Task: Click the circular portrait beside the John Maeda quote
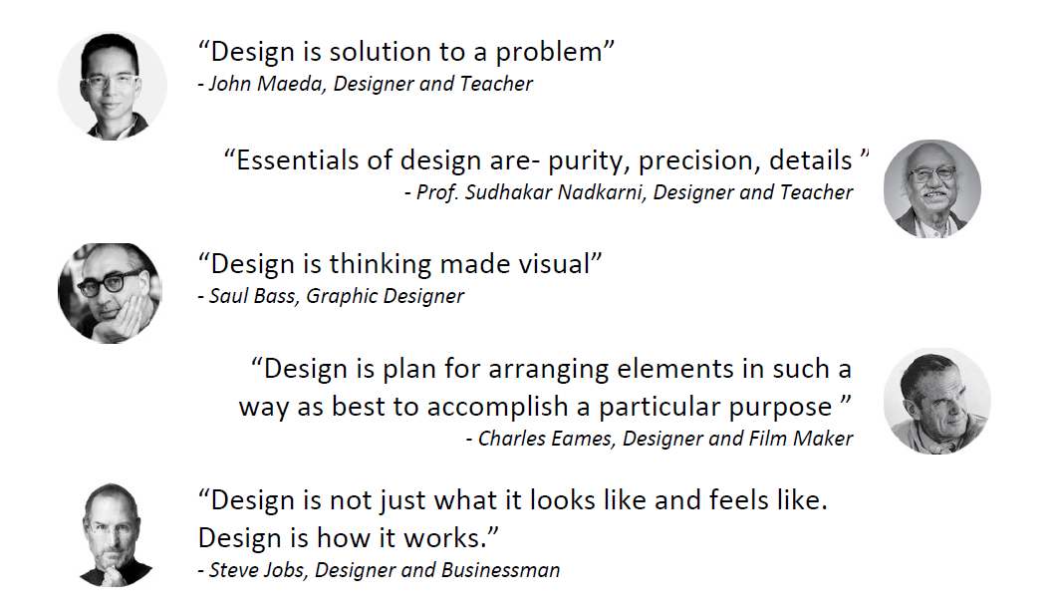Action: [x=113, y=85]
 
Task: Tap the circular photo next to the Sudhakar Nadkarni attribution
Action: [x=932, y=188]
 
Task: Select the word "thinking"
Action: [x=380, y=265]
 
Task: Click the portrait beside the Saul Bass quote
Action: [x=111, y=293]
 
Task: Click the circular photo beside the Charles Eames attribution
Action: [x=937, y=401]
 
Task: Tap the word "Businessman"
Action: [x=501, y=570]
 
